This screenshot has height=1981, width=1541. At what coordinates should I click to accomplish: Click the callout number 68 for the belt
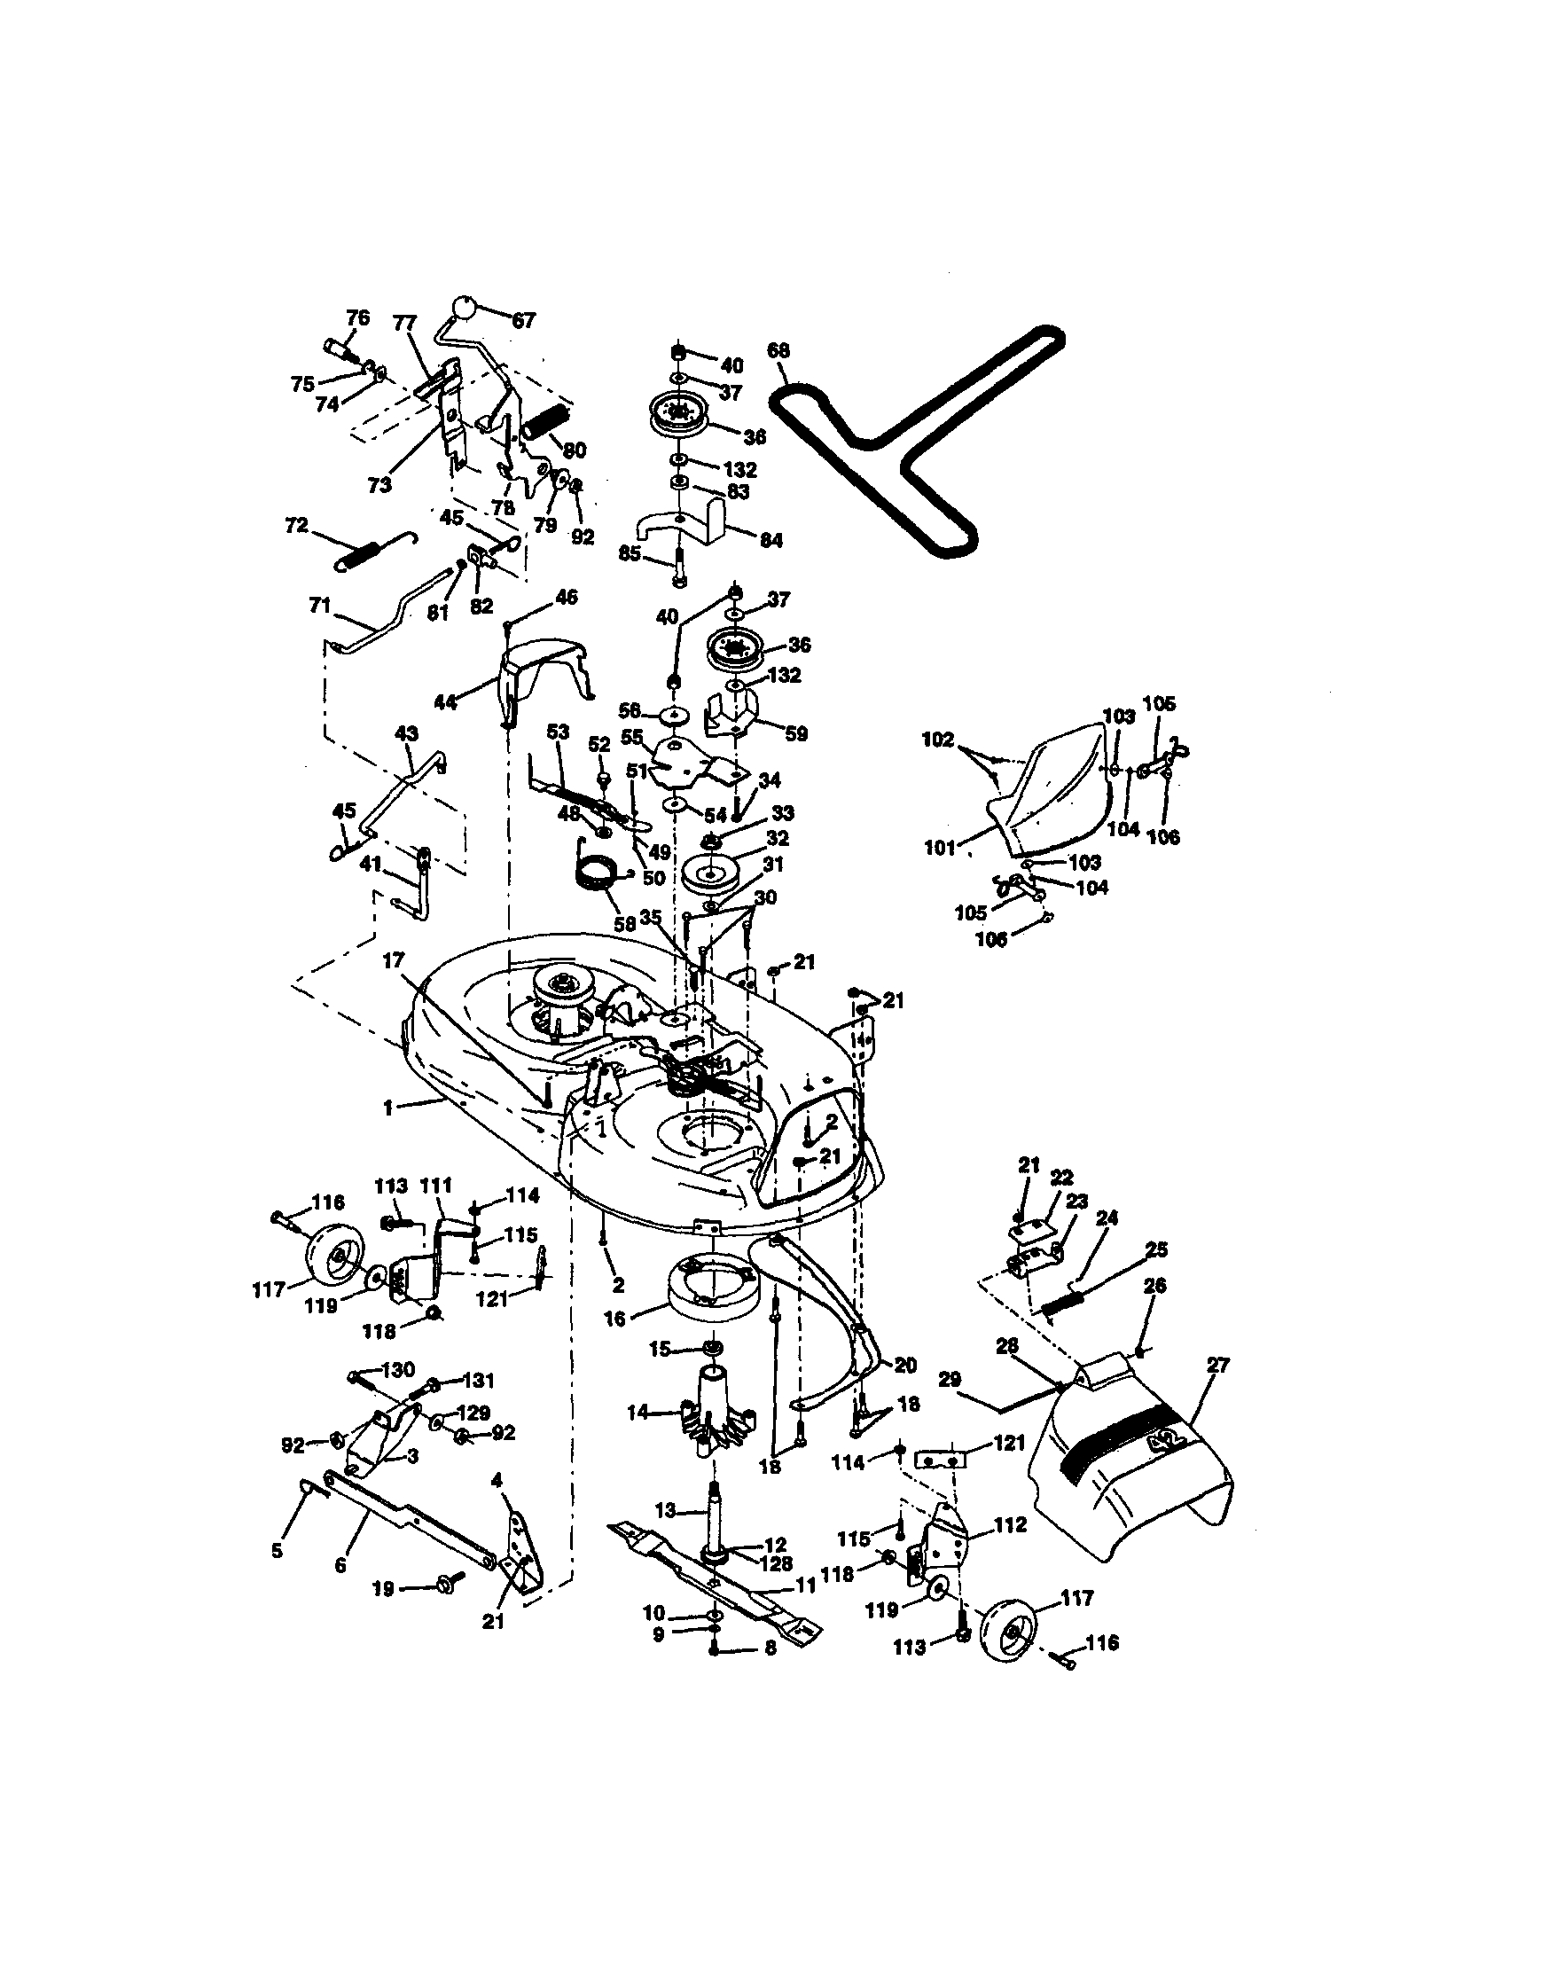[x=778, y=350]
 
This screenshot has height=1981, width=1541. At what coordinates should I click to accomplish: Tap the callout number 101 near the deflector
[x=940, y=848]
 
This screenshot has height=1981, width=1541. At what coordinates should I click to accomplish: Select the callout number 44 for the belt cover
[x=444, y=702]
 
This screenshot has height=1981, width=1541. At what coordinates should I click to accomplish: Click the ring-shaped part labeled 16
[x=709, y=1286]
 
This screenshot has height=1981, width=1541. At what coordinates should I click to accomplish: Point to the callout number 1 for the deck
[x=388, y=1108]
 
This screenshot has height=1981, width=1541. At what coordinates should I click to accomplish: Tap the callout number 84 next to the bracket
[x=771, y=541]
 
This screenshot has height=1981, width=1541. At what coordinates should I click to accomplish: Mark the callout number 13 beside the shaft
[x=666, y=1510]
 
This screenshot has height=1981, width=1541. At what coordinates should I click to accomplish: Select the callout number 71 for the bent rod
[x=319, y=604]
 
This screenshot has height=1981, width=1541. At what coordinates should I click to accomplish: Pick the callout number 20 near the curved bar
[x=905, y=1365]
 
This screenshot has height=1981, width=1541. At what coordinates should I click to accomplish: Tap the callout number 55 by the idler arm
[x=631, y=737]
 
